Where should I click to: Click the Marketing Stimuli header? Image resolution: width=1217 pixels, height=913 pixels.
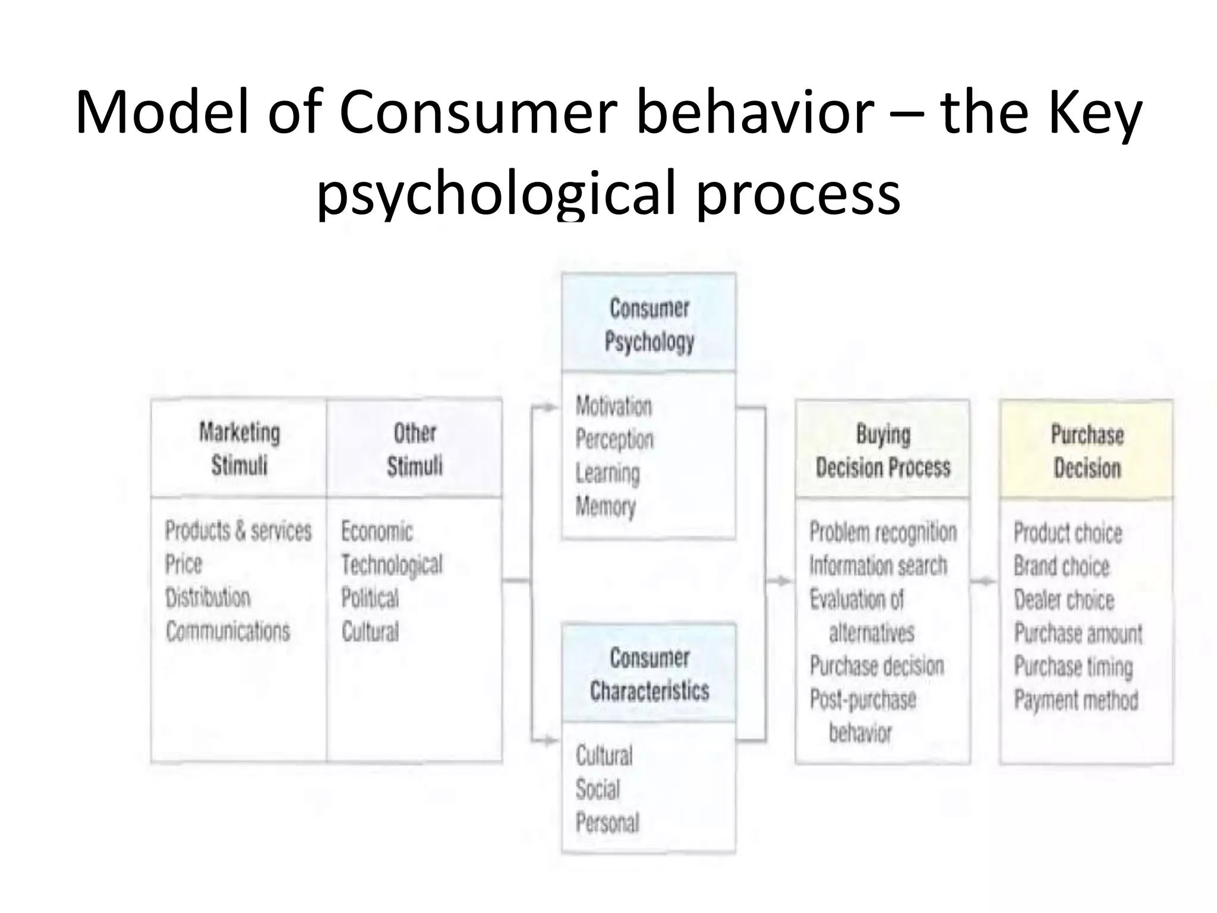(239, 449)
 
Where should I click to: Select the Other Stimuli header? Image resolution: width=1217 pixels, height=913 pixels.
(414, 449)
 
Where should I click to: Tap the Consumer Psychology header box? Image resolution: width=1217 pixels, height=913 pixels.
(649, 325)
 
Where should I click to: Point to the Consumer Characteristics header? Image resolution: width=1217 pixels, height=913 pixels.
(649, 674)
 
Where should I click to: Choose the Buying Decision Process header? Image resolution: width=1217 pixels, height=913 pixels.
(882, 451)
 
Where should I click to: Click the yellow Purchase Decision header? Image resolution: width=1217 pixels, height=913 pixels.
(1087, 451)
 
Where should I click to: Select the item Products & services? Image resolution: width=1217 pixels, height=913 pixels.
(238, 531)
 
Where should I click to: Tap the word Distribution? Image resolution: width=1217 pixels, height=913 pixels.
(207, 597)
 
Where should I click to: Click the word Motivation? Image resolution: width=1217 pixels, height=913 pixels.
(613, 407)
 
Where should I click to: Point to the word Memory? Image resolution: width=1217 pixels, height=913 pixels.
(605, 507)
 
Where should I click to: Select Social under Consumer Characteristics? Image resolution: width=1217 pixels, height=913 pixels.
(597, 789)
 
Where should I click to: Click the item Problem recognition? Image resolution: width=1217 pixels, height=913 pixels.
(883, 532)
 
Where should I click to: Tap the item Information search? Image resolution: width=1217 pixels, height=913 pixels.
(878, 565)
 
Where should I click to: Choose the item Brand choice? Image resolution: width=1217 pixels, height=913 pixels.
(1061, 566)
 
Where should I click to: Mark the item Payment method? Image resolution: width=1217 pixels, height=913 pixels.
(1076, 700)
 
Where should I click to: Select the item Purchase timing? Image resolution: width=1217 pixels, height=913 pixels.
(1073, 666)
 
